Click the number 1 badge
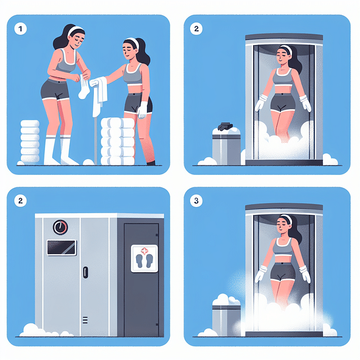[21, 28]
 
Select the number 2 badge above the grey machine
[21, 201]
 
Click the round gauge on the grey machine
[60, 227]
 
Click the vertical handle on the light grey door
[85, 272]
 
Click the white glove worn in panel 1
[142, 109]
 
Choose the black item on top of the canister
[227, 127]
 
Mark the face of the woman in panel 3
[284, 228]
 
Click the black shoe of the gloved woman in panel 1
[150, 163]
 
